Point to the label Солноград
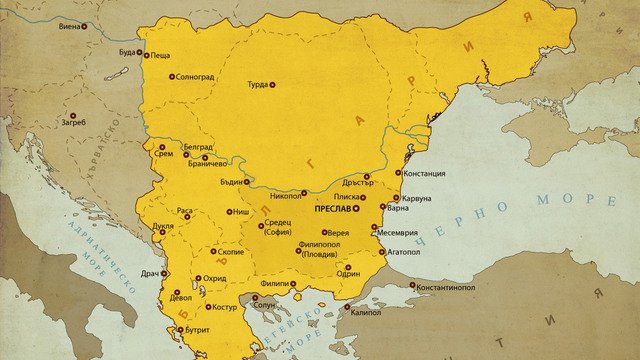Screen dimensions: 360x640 (199, 76)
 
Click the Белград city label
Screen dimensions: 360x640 (197, 146)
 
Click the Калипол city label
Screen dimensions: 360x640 (368, 311)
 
